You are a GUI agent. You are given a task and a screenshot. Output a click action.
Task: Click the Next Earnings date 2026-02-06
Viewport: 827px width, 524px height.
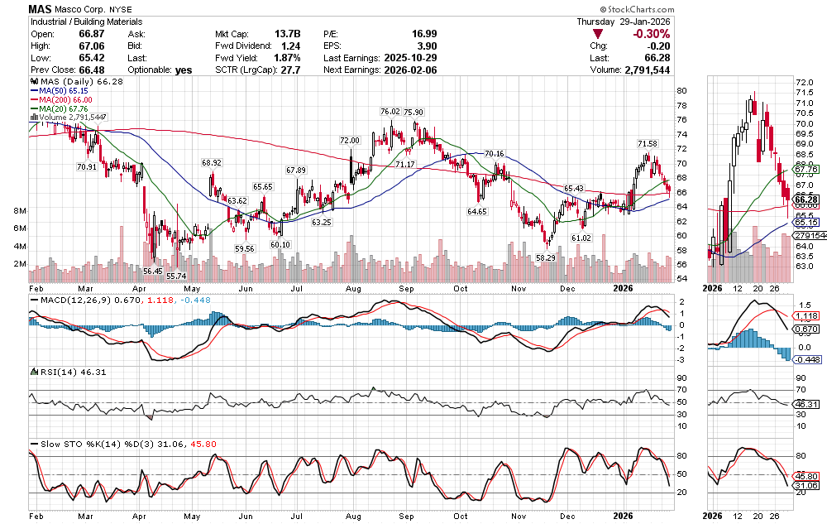coord(411,70)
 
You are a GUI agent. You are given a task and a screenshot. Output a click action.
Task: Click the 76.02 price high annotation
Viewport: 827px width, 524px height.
coord(390,111)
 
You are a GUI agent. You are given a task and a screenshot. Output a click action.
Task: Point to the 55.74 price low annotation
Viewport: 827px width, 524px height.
coord(176,276)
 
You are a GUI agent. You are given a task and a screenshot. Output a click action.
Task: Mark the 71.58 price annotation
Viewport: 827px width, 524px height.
coord(648,144)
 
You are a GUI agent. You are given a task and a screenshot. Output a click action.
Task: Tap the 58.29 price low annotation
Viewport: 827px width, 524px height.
coord(545,257)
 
